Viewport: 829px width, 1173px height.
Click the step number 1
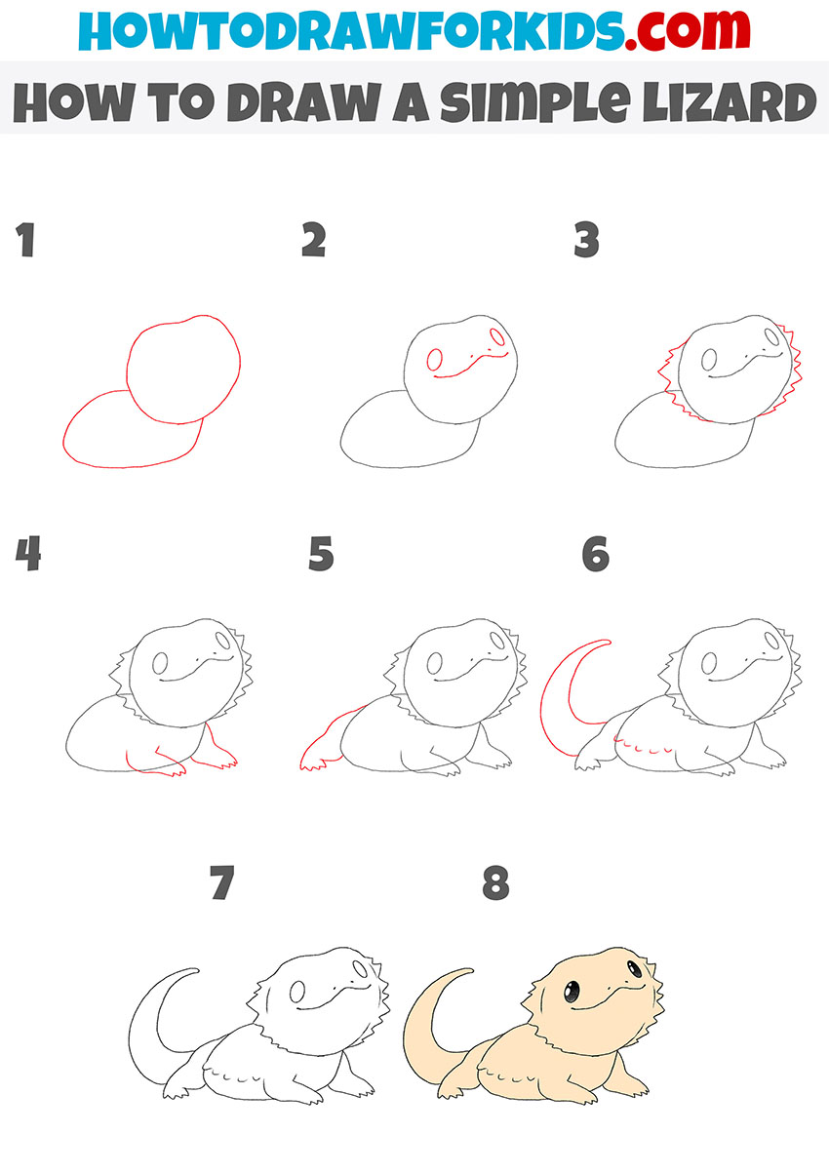coord(25,241)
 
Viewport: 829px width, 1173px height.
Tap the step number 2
coord(313,241)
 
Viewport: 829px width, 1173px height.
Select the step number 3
coord(586,241)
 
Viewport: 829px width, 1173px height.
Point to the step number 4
coord(28,555)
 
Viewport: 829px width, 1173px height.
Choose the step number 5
coord(321,555)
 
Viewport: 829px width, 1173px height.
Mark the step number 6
coord(595,555)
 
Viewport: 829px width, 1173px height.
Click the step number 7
coord(223,883)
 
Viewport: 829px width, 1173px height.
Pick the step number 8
coord(496,883)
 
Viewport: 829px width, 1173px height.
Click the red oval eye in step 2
coord(435,359)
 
